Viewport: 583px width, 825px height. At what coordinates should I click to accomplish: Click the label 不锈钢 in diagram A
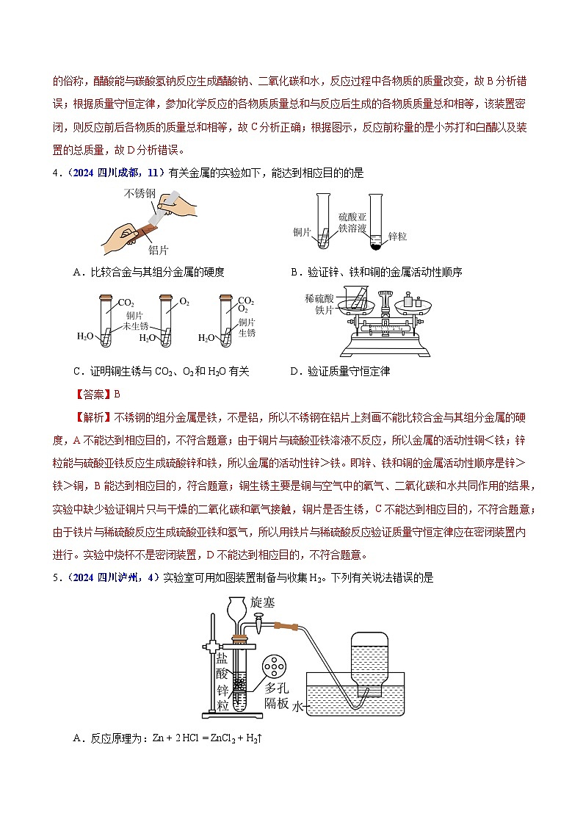point(140,194)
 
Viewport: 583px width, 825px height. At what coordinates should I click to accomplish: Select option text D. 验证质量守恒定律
point(338,371)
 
